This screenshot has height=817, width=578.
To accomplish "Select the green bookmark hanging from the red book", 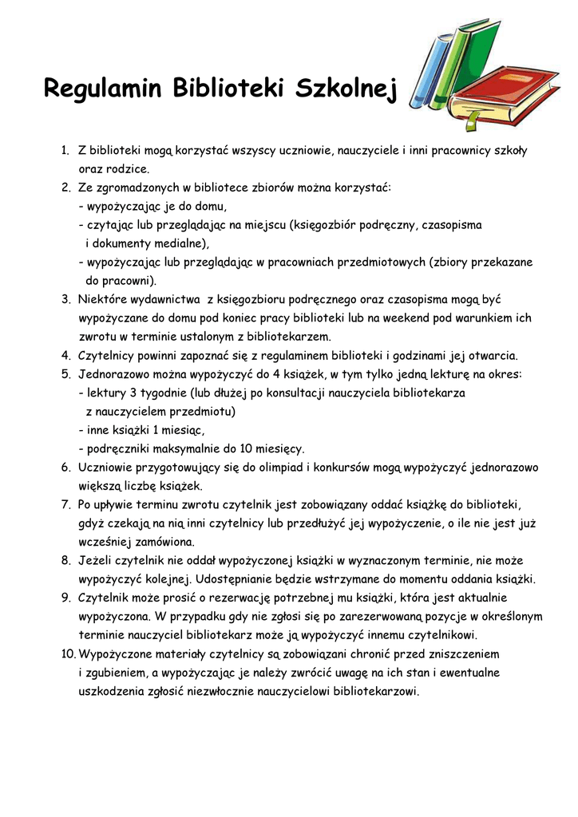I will [472, 119].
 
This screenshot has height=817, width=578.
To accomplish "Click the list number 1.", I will [65, 151].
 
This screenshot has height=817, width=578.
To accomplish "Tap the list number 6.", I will [65, 468].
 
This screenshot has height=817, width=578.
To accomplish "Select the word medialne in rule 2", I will [178, 243].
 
